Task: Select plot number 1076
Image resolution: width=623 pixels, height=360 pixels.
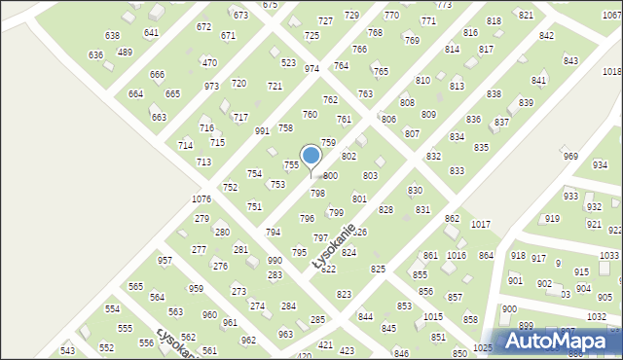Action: (x=202, y=198)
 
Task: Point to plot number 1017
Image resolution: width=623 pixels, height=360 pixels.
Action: (x=480, y=224)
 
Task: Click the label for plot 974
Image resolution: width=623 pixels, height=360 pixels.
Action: (x=311, y=69)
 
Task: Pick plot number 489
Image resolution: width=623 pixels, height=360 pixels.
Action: (x=125, y=52)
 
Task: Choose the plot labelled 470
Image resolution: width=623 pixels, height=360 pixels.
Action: (x=209, y=62)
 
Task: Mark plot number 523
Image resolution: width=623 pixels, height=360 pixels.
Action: (x=288, y=62)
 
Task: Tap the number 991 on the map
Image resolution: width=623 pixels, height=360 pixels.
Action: (x=262, y=130)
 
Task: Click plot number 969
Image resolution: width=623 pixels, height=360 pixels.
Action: (x=570, y=157)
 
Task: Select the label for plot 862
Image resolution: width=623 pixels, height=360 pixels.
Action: (x=452, y=218)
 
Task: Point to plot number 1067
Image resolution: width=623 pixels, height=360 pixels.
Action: (x=611, y=29)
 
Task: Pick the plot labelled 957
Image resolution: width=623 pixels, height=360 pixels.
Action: (x=165, y=260)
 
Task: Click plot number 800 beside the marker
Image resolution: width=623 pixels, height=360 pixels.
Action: (x=330, y=175)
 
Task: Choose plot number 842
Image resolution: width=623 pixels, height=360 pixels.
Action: (x=546, y=35)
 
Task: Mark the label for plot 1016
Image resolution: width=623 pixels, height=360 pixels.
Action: (x=457, y=255)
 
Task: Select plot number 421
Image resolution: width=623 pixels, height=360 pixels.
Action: (x=325, y=344)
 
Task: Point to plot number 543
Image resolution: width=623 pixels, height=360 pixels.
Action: (x=67, y=349)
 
